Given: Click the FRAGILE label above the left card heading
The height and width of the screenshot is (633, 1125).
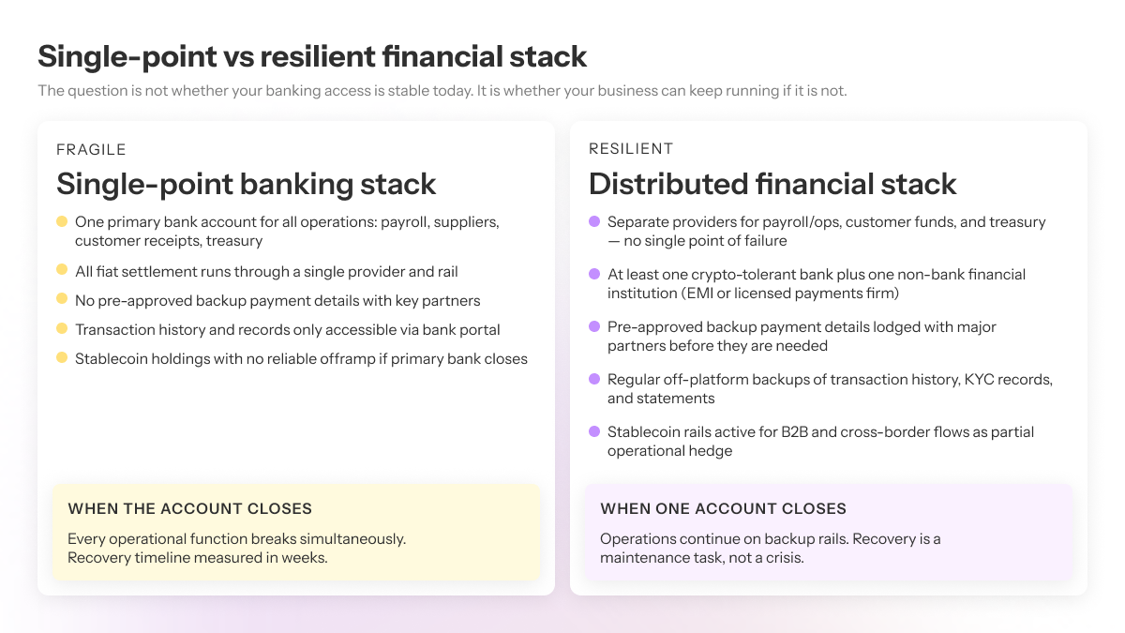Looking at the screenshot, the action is pyautogui.click(x=91, y=150).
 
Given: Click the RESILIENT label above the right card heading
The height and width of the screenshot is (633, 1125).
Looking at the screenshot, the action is pyautogui.click(x=631, y=149).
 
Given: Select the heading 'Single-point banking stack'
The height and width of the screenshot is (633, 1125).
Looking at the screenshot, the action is pyautogui.click(x=246, y=184).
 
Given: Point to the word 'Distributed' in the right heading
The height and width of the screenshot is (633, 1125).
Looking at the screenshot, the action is pyautogui.click(x=668, y=184).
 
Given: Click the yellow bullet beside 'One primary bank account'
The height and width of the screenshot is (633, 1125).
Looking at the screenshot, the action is pyautogui.click(x=62, y=221).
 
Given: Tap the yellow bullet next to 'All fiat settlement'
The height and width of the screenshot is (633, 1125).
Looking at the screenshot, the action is pyautogui.click(x=62, y=270).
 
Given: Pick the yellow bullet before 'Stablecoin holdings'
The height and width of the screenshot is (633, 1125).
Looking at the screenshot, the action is pyautogui.click(x=62, y=357).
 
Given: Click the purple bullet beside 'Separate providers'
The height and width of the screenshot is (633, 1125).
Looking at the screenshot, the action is pyautogui.click(x=594, y=221).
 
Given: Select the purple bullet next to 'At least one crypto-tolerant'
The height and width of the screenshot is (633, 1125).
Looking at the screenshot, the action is pyautogui.click(x=594, y=274).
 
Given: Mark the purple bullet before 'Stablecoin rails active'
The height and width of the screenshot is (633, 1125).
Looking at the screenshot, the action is pyautogui.click(x=594, y=431).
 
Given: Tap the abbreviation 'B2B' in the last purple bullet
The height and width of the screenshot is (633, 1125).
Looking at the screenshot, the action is pyautogui.click(x=794, y=432).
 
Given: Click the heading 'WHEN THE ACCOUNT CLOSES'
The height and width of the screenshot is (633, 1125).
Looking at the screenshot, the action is pyautogui.click(x=189, y=508).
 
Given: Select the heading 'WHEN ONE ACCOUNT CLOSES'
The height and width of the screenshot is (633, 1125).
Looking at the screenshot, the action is pyautogui.click(x=723, y=508).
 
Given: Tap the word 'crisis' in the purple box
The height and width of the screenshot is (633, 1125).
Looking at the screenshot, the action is pyautogui.click(x=784, y=558).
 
